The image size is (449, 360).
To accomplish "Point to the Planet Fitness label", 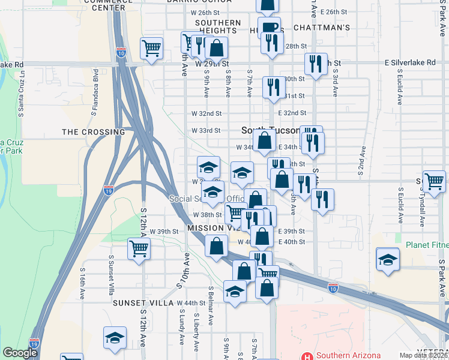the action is coord(427,245).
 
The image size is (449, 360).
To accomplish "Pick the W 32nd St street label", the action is coord(206,113).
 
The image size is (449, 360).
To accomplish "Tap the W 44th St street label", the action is coord(191,303).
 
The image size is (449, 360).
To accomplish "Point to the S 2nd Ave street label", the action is coord(363,160).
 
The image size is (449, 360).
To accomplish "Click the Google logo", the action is coord(20,352).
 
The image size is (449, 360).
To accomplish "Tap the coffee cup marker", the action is coord(270,27).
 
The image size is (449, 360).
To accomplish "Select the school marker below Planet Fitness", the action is coord(387,260).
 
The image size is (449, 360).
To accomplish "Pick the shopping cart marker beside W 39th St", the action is coord(139,247).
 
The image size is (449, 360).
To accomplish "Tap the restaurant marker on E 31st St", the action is coord(273,86).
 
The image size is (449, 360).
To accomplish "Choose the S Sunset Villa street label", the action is coord(110,275).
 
